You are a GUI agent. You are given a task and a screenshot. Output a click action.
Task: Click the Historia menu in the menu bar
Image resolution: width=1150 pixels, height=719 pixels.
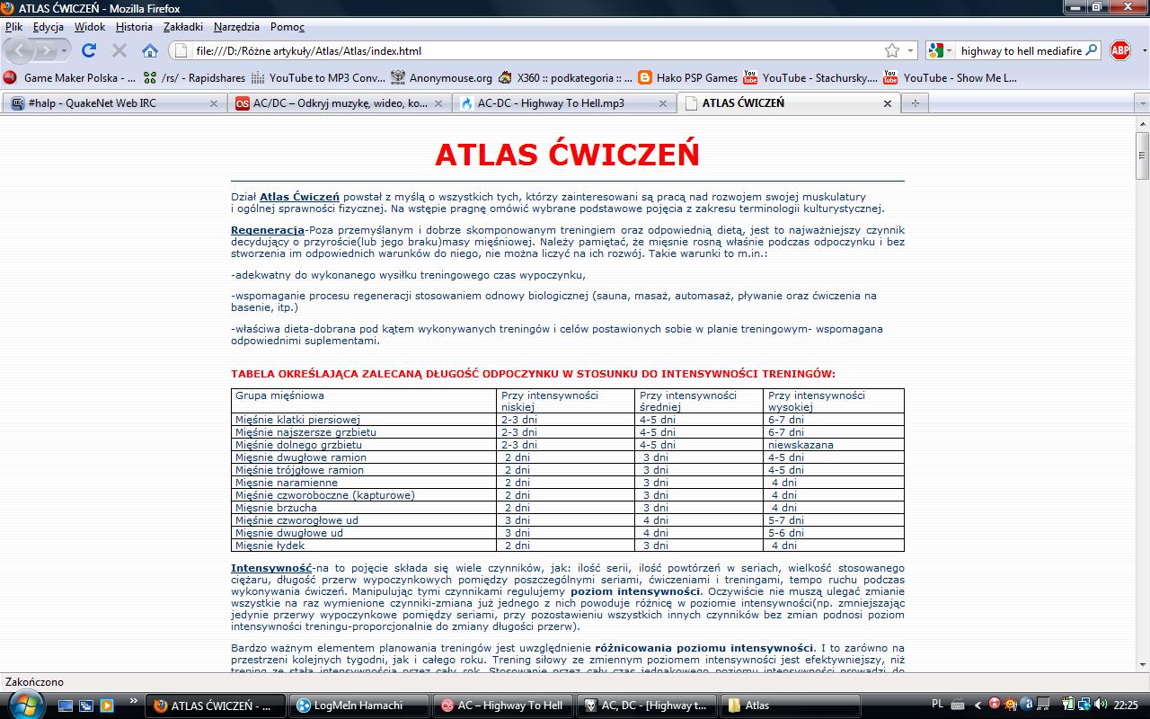[x=134, y=27]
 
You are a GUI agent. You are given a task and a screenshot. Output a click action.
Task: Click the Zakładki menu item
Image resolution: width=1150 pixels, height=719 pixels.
[x=183, y=27]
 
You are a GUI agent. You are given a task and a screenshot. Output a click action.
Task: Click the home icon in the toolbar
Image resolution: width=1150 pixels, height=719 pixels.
[x=150, y=50]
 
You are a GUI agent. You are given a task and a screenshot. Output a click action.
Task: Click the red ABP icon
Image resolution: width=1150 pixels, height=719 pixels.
[x=1119, y=50]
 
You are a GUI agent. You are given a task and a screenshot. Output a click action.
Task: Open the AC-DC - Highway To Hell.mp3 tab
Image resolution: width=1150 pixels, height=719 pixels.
[x=550, y=103]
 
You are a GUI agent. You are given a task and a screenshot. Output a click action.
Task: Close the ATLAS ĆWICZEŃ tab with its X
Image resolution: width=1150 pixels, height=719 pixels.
[x=888, y=103]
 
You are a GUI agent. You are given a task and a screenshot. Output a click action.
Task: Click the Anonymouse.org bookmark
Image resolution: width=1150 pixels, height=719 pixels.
[x=450, y=78]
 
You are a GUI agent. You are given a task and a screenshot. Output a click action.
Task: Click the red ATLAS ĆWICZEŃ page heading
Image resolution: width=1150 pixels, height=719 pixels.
[x=567, y=155]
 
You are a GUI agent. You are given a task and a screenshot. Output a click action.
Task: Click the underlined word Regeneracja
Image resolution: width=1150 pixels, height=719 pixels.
[x=267, y=230]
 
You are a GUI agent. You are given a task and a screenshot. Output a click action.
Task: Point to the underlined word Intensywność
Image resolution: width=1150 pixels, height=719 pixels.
[x=271, y=568]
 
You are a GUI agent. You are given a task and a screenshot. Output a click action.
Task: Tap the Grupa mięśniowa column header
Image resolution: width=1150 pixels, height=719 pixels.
[x=279, y=395]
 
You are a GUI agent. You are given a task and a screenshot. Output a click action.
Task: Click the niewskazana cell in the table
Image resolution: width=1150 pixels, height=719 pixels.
[x=801, y=445]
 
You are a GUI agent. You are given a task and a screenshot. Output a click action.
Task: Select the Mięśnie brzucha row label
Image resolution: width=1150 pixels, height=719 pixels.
[x=276, y=508]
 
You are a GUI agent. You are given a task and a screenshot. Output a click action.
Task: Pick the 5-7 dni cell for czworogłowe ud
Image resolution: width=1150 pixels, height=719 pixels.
[x=786, y=520]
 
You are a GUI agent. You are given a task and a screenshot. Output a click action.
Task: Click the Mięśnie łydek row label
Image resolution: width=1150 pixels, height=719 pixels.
[x=270, y=546]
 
